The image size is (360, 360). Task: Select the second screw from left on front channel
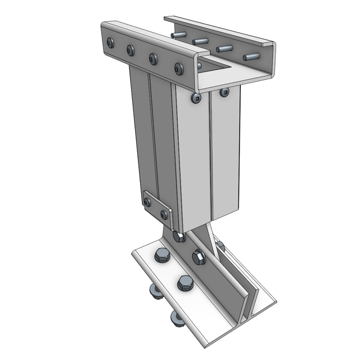click(131, 50)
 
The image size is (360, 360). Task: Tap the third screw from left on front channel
click(153, 58)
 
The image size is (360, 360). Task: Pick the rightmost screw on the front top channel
click(179, 69)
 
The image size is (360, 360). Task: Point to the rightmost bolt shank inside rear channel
click(251, 56)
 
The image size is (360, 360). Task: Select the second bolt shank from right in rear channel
click(224, 49)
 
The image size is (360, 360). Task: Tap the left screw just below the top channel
click(196, 98)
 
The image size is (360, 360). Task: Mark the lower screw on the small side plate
click(164, 214)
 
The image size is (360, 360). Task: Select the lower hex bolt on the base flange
click(184, 282)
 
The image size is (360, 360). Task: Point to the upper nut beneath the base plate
click(154, 291)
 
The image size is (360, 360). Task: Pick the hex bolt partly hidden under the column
click(179, 237)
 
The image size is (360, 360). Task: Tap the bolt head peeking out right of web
click(220, 246)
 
